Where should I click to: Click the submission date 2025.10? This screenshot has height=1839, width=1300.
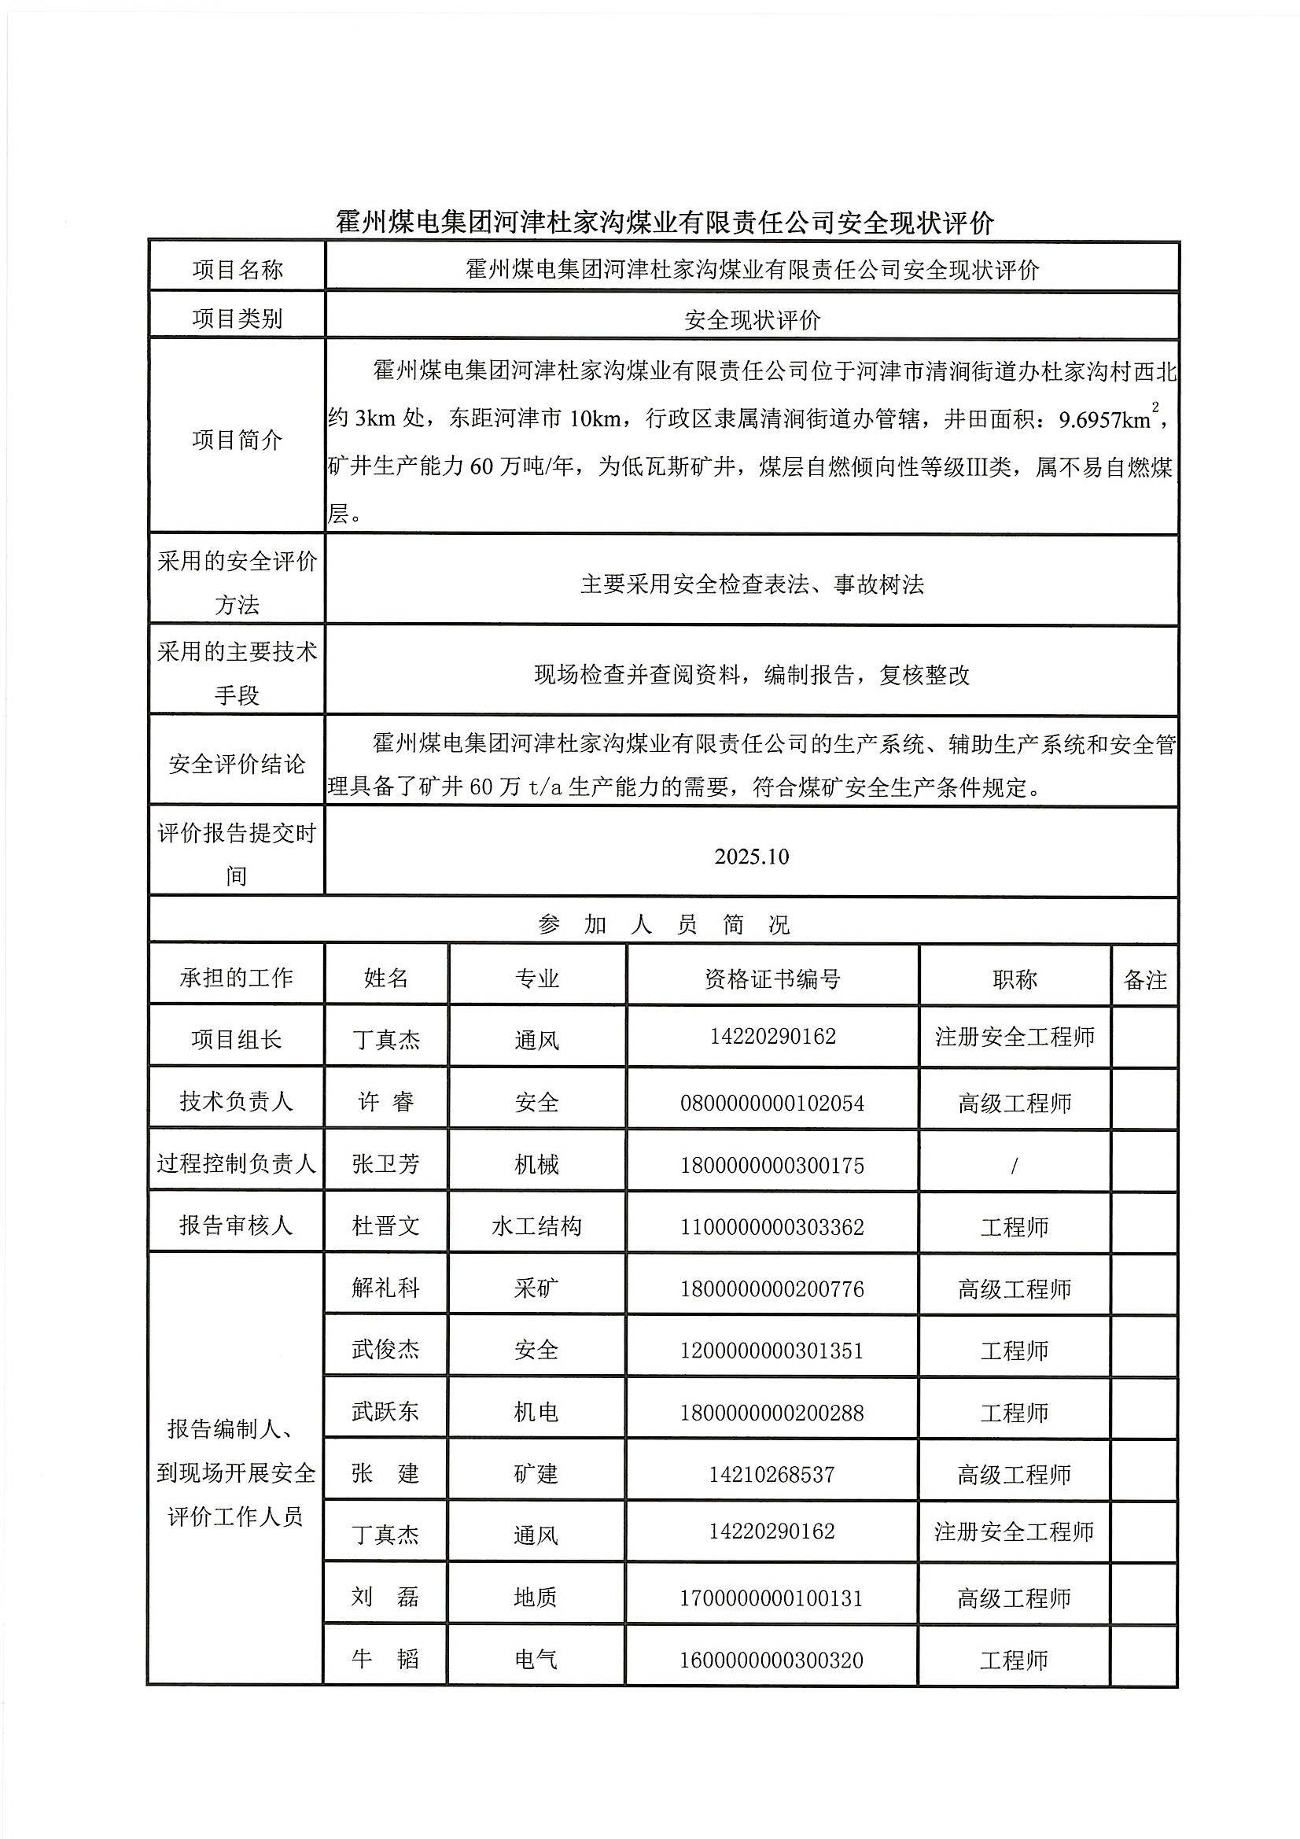751,857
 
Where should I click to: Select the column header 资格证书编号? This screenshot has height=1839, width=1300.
772,978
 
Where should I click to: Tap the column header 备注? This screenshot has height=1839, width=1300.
1144,978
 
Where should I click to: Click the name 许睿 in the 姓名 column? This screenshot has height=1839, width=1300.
385,1102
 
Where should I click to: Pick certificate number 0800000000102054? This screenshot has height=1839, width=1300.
772,1103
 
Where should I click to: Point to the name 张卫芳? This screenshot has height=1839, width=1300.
385,1164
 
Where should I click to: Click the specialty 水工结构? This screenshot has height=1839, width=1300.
536,1226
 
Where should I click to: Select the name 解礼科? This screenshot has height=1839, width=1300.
385,1288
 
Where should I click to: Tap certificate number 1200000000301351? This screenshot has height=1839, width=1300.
772,1351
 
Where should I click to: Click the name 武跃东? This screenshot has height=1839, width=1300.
385,1411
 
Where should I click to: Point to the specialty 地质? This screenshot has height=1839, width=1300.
536,1598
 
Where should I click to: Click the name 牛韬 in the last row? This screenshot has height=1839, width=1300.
385,1659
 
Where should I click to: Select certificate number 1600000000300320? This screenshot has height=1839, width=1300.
772,1660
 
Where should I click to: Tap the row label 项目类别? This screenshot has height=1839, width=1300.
237,319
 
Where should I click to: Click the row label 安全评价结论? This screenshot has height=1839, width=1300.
237,764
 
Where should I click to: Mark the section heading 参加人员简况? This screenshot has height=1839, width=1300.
663,925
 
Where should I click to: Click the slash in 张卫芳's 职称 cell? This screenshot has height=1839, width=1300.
1014,1166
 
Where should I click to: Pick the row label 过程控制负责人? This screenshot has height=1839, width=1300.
237,1164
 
